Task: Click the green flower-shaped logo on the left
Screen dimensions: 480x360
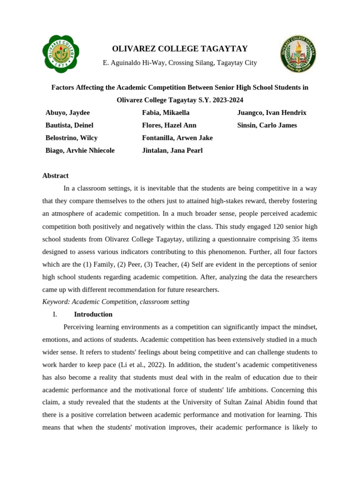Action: (x=60, y=54)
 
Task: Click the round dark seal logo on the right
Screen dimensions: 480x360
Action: (x=298, y=54)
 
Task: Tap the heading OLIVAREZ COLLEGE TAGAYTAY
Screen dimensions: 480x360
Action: (x=180, y=49)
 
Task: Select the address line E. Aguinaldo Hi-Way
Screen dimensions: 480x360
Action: (x=180, y=63)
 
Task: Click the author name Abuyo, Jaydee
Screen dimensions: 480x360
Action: (x=67, y=113)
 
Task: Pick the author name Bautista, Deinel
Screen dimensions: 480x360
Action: (x=69, y=126)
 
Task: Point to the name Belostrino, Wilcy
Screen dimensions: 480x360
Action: (x=71, y=138)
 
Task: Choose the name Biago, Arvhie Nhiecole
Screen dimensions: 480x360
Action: (x=80, y=150)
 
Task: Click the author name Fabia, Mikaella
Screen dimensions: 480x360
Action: (x=166, y=113)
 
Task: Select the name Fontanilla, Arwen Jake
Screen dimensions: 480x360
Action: (x=177, y=138)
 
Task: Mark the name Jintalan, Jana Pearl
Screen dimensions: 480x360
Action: (x=172, y=150)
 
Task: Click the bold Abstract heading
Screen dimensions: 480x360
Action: (x=55, y=176)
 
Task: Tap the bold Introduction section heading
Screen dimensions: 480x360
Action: (x=93, y=315)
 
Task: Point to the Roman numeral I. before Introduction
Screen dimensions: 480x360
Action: (x=55, y=315)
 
